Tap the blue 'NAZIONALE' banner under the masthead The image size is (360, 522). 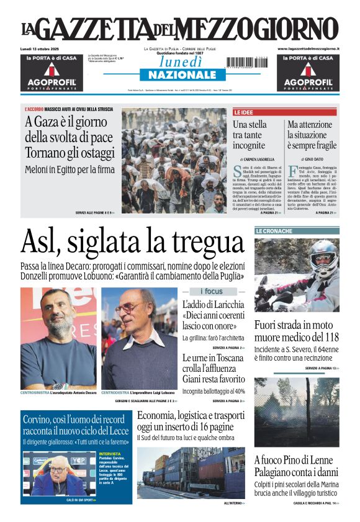pyautogui.click(x=178, y=75)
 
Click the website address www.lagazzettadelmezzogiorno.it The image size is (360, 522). pyautogui.click(x=308, y=48)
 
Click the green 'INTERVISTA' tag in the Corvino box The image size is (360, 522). pyautogui.click(x=110, y=454)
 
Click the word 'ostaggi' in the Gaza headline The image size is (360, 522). pyautogui.click(x=94, y=153)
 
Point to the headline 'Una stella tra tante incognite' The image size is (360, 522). pyautogui.click(x=250, y=135)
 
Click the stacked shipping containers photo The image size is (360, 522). pyautogui.click(x=191, y=472)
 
